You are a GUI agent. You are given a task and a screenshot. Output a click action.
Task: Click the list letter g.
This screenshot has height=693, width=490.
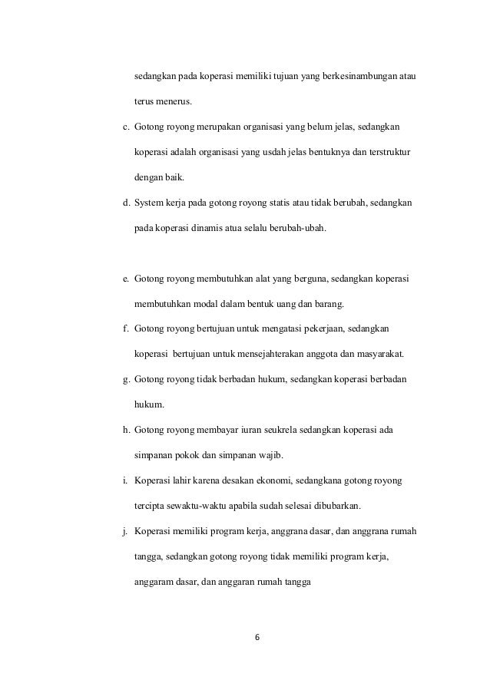(x=126, y=379)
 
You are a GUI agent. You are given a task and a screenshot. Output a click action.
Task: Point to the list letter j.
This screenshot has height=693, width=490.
(x=125, y=531)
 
